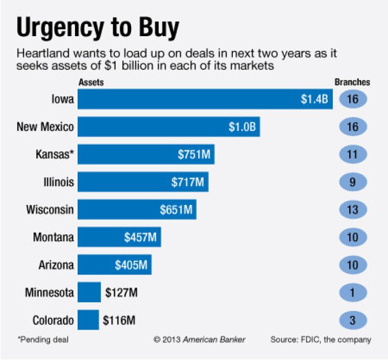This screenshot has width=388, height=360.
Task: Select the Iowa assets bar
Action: (205, 99)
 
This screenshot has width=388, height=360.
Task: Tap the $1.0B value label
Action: (242, 127)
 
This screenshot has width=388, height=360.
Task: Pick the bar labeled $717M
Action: (143, 182)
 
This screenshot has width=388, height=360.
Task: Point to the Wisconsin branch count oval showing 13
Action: (352, 210)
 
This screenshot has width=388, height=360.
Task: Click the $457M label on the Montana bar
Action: (140, 237)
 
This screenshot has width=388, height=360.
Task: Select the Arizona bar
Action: (114, 265)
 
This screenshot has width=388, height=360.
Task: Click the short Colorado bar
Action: (88, 320)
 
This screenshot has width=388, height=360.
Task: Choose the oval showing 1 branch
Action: (352, 292)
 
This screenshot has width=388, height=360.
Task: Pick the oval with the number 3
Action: (352, 320)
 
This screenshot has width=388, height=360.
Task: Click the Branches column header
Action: (352, 82)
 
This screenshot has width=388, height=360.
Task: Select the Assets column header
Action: (90, 82)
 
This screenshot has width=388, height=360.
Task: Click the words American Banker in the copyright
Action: (213, 340)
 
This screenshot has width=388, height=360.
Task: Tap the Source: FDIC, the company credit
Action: (320, 340)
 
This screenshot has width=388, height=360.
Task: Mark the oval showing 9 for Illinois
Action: (352, 182)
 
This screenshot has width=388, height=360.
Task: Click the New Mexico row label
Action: (45, 127)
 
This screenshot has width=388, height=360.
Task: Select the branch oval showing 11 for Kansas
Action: (352, 155)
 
